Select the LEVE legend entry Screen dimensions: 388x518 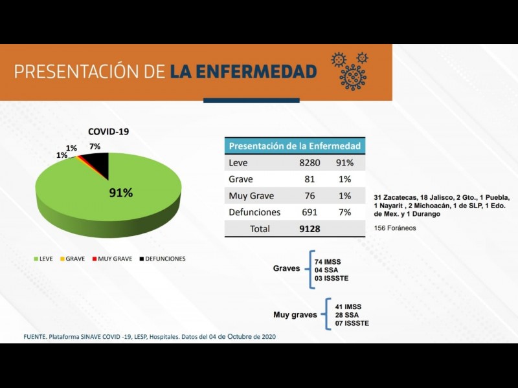(x=43, y=259)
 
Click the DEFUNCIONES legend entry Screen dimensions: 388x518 (x=162, y=259)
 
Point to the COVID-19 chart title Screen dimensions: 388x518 (x=108, y=131)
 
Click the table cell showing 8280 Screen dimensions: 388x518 (x=304, y=163)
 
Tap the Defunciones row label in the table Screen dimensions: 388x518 (x=254, y=212)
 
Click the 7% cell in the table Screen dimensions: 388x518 (x=344, y=212)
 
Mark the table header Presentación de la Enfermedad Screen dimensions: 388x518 (x=295, y=145)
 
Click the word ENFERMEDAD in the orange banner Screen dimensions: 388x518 (x=243, y=71)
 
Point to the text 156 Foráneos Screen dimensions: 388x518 (x=395, y=228)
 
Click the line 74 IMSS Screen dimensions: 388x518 (x=328, y=261)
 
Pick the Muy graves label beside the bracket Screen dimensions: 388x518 (x=295, y=315)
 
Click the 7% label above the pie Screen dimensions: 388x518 (x=95, y=147)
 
